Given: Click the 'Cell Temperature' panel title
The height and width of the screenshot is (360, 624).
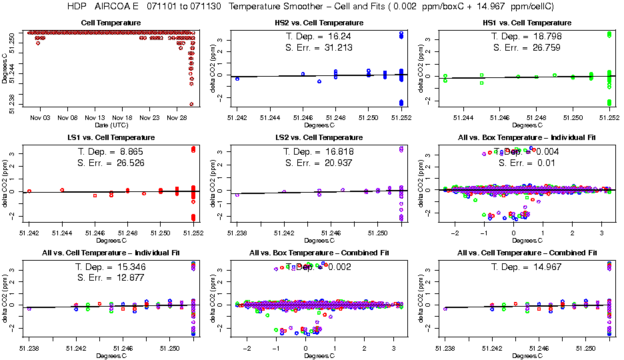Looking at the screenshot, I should (x=110, y=23).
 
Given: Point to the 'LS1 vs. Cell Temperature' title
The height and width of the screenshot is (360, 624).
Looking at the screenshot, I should (x=110, y=137).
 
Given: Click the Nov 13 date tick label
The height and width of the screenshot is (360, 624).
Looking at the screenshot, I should (x=95, y=116).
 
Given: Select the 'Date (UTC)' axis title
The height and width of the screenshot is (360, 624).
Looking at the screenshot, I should (x=110, y=125).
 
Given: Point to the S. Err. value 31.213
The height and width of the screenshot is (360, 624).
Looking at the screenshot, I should (x=337, y=48).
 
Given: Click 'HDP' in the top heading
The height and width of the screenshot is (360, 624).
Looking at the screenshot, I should (x=77, y=7).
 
